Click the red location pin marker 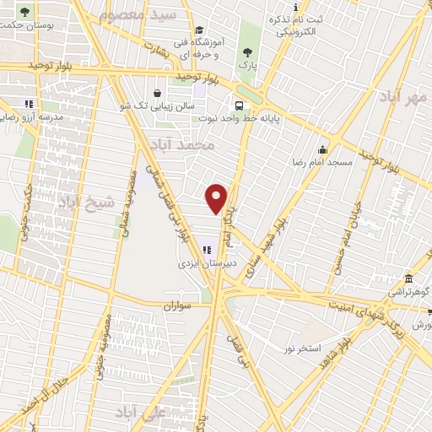click(x=217, y=197)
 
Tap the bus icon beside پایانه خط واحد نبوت click(x=240, y=106)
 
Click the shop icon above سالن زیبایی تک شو click(x=157, y=93)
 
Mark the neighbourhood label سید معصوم click(x=149, y=14)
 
